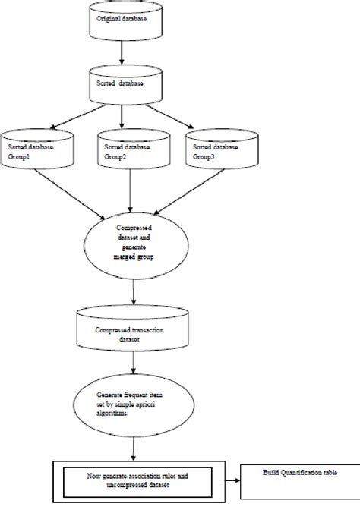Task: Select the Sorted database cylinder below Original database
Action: coord(124,86)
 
